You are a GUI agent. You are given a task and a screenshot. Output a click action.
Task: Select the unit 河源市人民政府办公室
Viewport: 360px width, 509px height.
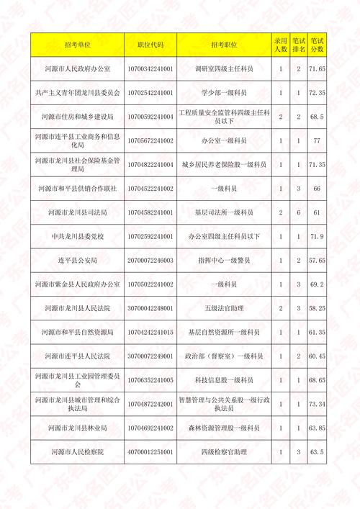coord(77,69)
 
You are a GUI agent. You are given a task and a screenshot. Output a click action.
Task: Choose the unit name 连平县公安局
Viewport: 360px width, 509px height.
coord(77,260)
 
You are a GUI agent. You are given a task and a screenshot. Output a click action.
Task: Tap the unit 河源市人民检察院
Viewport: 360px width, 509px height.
coord(77,451)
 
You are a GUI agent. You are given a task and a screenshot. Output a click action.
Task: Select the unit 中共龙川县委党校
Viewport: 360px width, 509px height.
coord(77,236)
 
